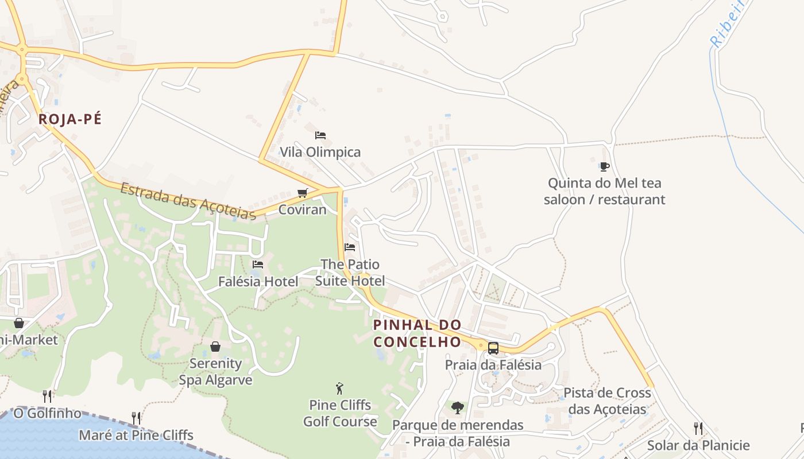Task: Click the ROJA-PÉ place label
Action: pyautogui.click(x=69, y=119)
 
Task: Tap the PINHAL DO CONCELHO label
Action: pyautogui.click(x=418, y=333)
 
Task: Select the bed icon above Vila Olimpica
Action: pyautogui.click(x=320, y=135)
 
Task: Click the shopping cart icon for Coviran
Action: pyautogui.click(x=303, y=193)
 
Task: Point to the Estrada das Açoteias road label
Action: pyautogui.click(x=188, y=201)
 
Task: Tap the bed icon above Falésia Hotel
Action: pyautogui.click(x=258, y=264)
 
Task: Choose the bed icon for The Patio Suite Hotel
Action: pyautogui.click(x=350, y=247)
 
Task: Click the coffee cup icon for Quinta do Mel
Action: pyautogui.click(x=604, y=166)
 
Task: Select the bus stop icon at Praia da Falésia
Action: pyautogui.click(x=493, y=348)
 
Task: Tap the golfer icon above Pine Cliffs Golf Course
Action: pyautogui.click(x=339, y=388)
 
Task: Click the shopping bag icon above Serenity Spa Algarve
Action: pyautogui.click(x=215, y=347)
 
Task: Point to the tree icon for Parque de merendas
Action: pyautogui.click(x=458, y=408)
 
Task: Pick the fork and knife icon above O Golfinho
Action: pyautogui.click(x=47, y=396)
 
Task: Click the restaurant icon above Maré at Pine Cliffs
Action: pyautogui.click(x=136, y=418)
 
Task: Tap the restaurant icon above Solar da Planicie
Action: pyautogui.click(x=698, y=428)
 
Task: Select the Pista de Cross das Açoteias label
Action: pyautogui.click(x=608, y=401)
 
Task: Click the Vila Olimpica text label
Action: pyautogui.click(x=320, y=152)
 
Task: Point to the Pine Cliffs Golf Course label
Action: pyautogui.click(x=340, y=413)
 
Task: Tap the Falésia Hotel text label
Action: pyautogui.click(x=258, y=282)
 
